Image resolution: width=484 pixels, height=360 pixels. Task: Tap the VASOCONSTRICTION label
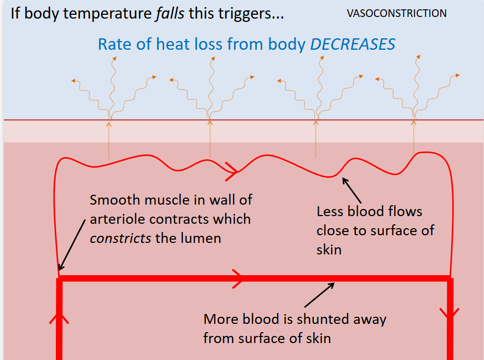[396, 13]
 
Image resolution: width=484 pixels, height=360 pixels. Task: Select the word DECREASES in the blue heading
[353, 44]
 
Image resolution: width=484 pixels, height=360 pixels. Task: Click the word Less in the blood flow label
[330, 211]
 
